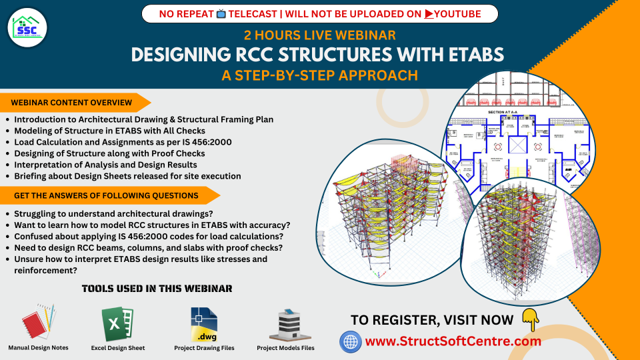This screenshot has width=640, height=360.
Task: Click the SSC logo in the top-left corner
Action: [x=27, y=27]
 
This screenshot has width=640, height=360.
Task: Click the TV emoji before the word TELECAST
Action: [x=221, y=13]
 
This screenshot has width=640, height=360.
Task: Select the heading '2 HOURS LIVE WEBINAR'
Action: [x=320, y=35]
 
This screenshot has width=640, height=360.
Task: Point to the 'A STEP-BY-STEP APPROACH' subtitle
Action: [x=320, y=75]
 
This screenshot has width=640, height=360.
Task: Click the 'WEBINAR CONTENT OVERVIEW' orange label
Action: [x=72, y=103]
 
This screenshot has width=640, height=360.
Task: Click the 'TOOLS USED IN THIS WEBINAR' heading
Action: [x=157, y=289]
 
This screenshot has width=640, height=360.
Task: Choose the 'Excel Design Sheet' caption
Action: [x=118, y=348]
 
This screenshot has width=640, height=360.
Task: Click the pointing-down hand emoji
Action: [x=531, y=319]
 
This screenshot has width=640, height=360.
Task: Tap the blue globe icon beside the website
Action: [x=351, y=342]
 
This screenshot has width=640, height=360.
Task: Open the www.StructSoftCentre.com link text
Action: [x=453, y=341]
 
